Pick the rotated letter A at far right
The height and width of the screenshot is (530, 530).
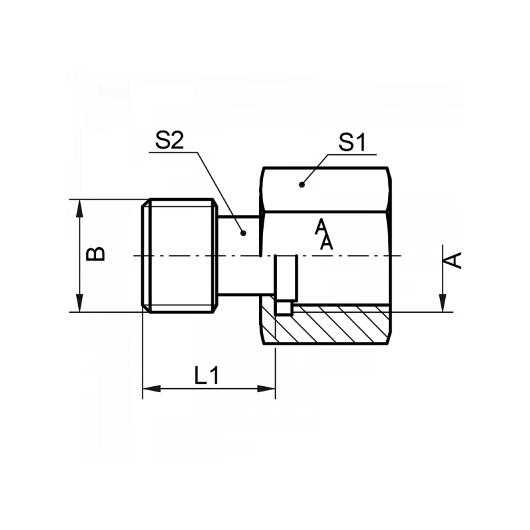(x=452, y=260)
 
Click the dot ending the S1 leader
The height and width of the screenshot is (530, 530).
(x=301, y=184)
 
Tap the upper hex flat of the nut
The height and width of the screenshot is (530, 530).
(x=325, y=189)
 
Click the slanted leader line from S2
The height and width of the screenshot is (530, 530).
(x=221, y=192)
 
